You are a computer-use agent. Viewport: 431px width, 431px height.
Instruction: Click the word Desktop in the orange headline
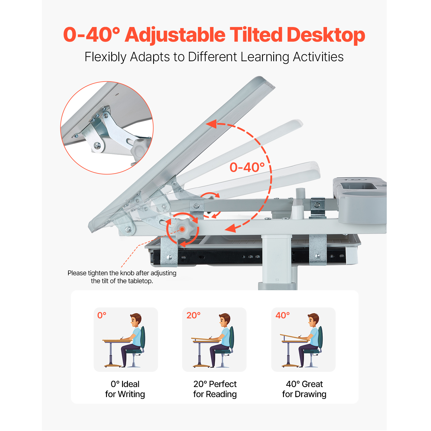pyautogui.click(x=326, y=35)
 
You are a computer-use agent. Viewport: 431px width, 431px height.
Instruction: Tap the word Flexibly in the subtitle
pyautogui.click(x=105, y=57)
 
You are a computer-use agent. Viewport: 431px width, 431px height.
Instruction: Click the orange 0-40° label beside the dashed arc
pyautogui.click(x=247, y=167)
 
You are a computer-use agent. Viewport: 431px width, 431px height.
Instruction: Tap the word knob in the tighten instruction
pyautogui.click(x=126, y=273)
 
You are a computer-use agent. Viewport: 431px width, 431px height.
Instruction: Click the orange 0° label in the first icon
pyautogui.click(x=102, y=315)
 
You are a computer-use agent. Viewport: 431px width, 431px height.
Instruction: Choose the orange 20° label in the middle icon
pyautogui.click(x=193, y=315)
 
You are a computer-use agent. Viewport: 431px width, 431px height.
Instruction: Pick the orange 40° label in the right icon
pyautogui.click(x=282, y=315)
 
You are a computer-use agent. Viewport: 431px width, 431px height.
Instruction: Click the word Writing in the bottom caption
pyautogui.click(x=131, y=394)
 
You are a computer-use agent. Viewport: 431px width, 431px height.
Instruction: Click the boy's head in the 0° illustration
pyautogui.click(x=135, y=319)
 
